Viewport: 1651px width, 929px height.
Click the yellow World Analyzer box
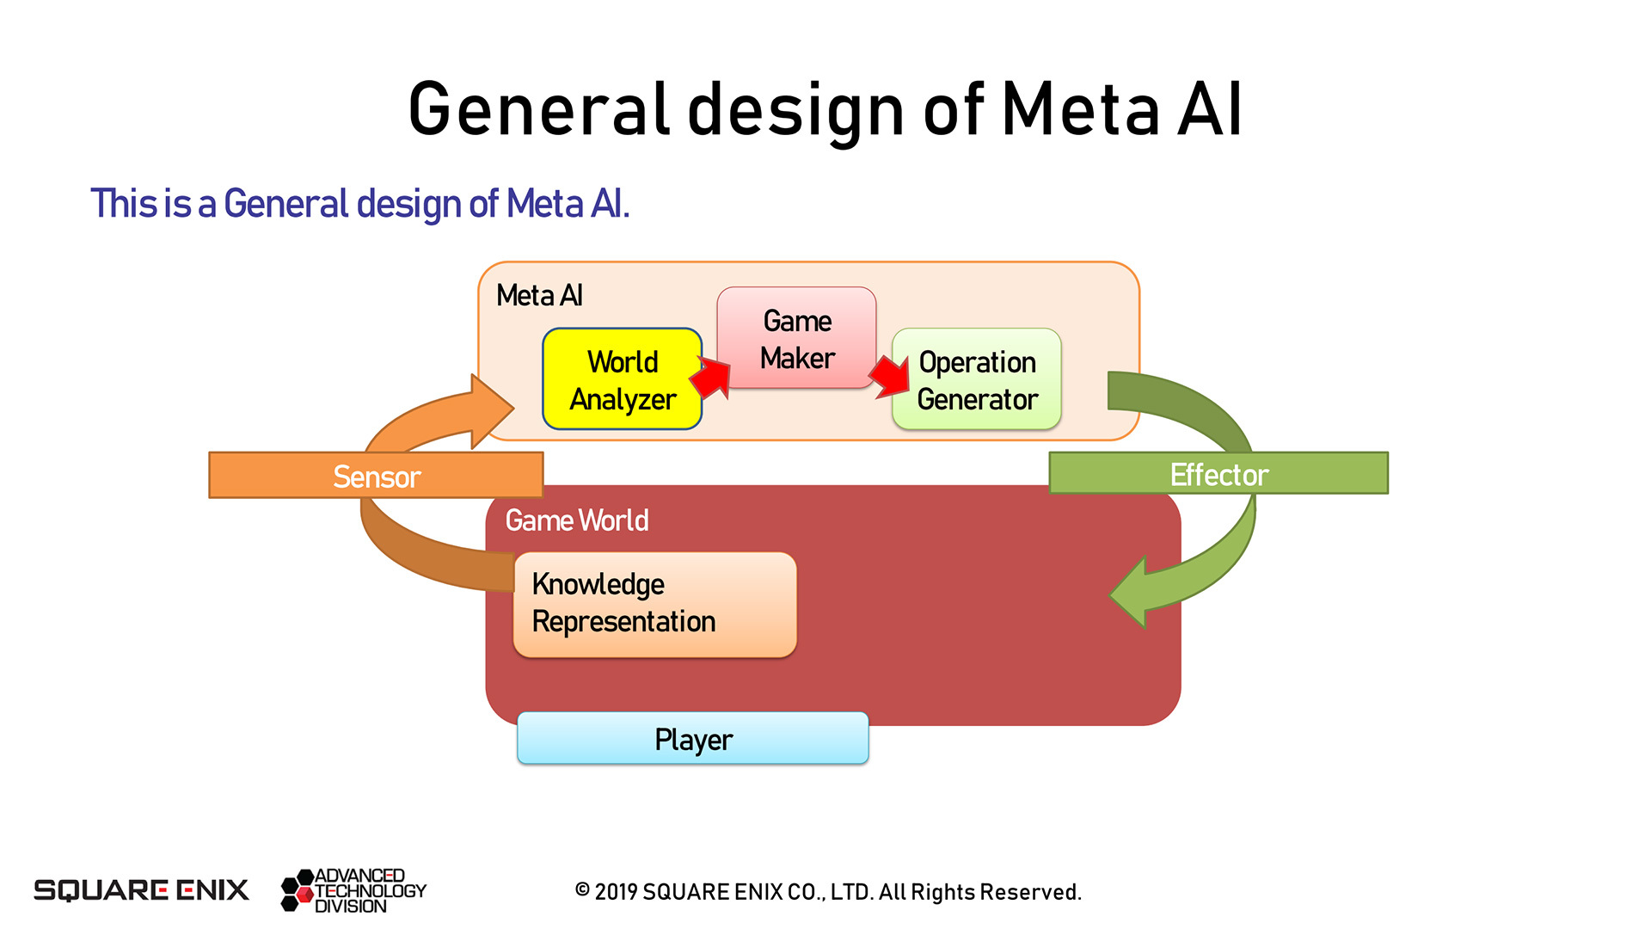622,378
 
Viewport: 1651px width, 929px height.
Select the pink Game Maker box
796,338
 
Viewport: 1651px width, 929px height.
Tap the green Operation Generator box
977,379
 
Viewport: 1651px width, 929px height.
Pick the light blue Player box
693,738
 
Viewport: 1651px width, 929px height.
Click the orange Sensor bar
376,475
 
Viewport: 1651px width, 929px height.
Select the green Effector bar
1218,473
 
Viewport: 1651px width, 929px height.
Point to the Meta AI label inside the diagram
539,296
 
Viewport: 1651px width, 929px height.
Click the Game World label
577,520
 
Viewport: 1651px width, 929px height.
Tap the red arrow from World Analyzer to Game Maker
711,377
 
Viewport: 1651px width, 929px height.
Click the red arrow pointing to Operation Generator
889,377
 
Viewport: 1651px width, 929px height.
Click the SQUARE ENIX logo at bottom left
141,890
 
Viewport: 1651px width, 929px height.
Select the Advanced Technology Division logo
353,890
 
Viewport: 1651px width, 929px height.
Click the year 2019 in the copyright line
617,892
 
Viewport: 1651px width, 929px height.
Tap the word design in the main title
795,110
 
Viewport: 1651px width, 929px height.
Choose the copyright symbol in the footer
582,890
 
